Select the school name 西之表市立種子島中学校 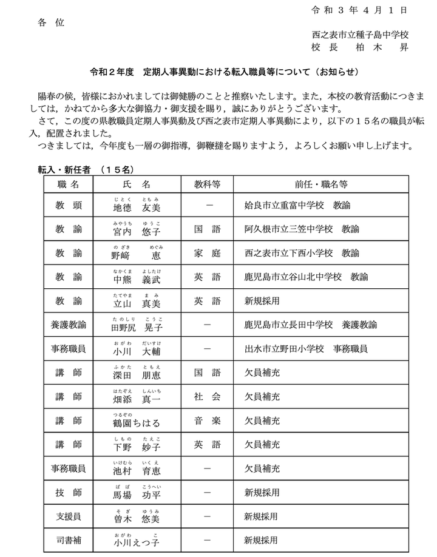coord(361,35)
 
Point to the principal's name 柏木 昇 coord(361,47)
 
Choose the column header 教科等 coord(208,184)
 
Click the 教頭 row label coord(68,206)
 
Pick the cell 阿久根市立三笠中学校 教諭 coord(301,230)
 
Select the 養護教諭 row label coord(68,325)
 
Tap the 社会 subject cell coord(208,396)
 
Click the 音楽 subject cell coord(208,420)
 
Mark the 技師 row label coord(68,491)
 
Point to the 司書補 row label coord(68,539)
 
